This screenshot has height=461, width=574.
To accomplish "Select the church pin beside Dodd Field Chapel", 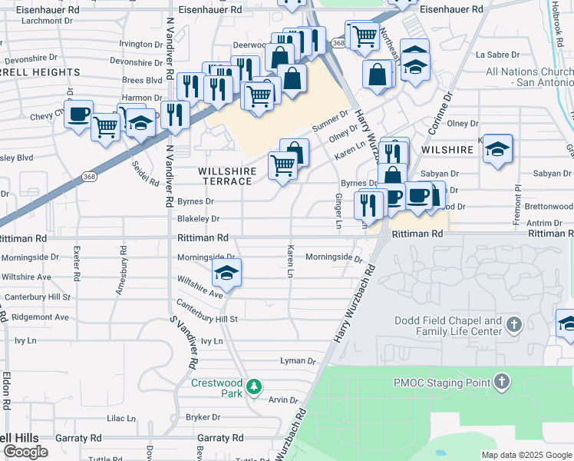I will [513, 326].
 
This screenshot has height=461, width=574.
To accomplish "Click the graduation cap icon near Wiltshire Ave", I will [226, 273].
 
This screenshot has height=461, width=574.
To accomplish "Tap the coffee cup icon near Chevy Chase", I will [78, 115].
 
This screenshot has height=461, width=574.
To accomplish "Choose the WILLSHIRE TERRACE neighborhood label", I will [226, 176].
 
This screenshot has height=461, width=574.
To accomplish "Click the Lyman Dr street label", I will [299, 360].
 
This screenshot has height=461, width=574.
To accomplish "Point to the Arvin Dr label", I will [282, 400].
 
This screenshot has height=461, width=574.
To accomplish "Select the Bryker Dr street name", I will [203, 418].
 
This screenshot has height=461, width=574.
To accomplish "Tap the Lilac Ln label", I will [120, 418].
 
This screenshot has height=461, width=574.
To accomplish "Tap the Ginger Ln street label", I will [338, 211].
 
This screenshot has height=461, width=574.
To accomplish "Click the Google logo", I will [25, 452].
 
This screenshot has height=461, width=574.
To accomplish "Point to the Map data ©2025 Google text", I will [526, 455].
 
